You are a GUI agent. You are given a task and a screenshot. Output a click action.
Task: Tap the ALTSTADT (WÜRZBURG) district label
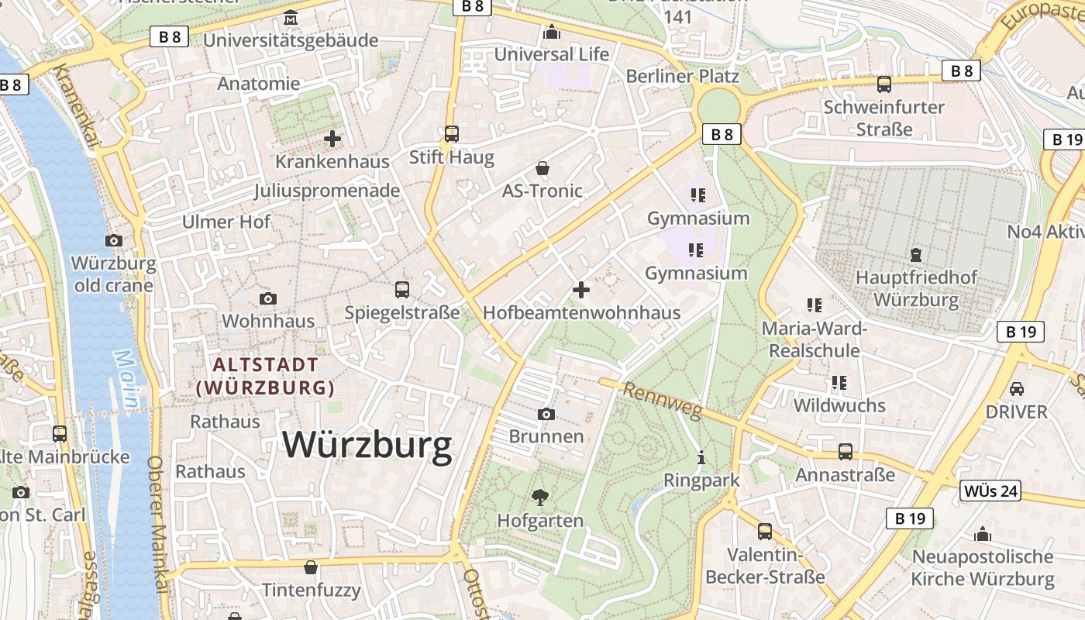[x=266, y=376]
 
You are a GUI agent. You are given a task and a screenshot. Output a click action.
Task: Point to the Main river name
[x=126, y=378]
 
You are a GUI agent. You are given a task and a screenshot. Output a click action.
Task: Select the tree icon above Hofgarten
[x=540, y=497]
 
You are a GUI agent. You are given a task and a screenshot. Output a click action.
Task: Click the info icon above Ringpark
[x=701, y=457]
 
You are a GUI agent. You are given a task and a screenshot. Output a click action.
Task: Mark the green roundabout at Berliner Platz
[x=718, y=106]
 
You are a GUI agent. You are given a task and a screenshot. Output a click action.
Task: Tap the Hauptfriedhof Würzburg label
[x=916, y=288]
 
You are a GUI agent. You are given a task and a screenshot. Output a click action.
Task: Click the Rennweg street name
[x=661, y=401]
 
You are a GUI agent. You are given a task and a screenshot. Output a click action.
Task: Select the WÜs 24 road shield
[x=990, y=491]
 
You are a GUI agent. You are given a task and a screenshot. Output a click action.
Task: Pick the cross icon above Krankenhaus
[x=332, y=139]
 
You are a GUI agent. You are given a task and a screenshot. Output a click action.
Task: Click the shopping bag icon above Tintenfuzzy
[x=311, y=567]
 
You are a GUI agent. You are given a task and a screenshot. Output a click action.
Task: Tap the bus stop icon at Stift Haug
[x=452, y=134]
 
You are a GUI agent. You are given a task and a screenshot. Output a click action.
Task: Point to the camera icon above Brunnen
[x=546, y=414]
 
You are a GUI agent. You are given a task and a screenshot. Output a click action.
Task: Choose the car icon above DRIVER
[x=1017, y=388]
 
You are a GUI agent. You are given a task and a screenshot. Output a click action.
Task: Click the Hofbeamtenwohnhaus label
[x=581, y=313]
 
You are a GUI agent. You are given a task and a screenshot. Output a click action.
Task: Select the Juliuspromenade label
[x=327, y=191]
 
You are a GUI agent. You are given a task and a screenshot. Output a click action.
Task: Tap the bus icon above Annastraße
[x=846, y=451]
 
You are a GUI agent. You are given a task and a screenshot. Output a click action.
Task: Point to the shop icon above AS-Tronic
[x=542, y=168]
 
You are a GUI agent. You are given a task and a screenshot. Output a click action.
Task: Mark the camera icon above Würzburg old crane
[x=114, y=240]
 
